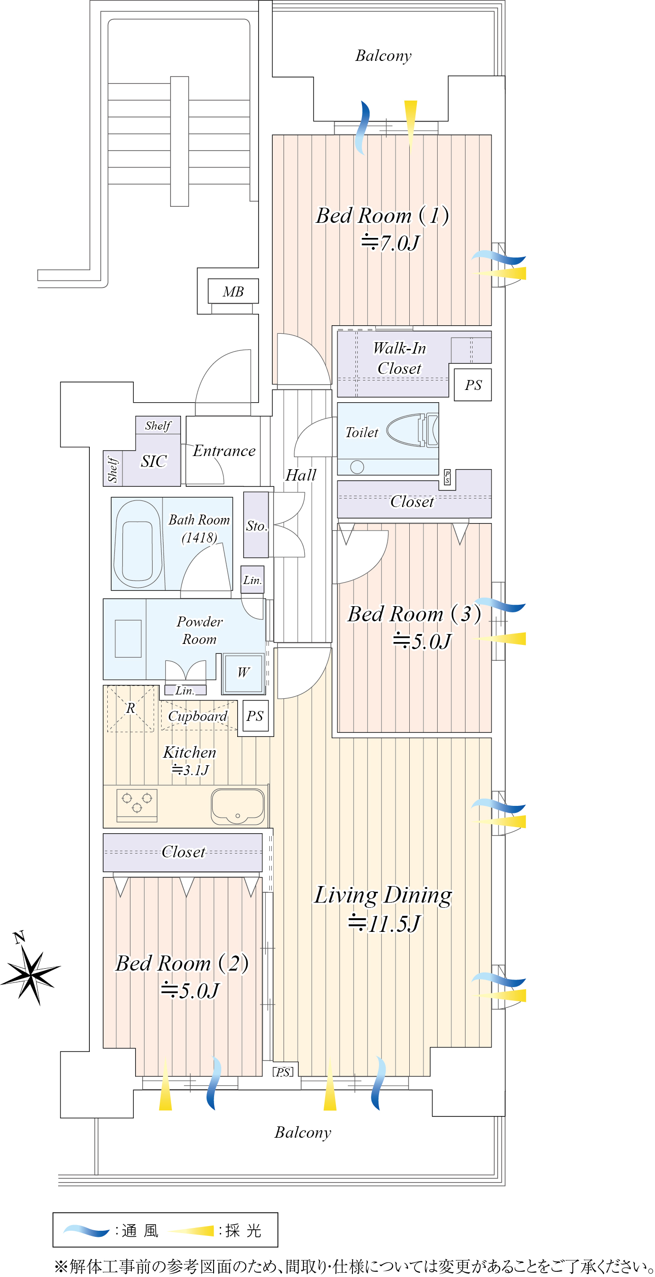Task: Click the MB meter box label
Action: (x=233, y=291)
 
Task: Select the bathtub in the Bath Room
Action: (x=138, y=544)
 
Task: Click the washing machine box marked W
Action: (x=243, y=673)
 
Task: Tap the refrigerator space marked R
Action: (x=130, y=709)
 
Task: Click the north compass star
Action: (x=31, y=976)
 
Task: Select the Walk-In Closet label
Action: (x=399, y=358)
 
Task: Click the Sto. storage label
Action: (x=257, y=526)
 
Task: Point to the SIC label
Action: (x=154, y=461)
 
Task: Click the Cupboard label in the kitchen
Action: (x=198, y=716)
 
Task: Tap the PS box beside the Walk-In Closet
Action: (x=473, y=385)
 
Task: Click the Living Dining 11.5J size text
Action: (x=385, y=923)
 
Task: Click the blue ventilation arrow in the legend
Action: (x=86, y=1230)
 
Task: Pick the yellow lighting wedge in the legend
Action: (x=191, y=1230)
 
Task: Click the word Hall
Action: (x=301, y=475)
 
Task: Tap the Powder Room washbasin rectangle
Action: (x=128, y=638)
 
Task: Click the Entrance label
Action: (x=224, y=451)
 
